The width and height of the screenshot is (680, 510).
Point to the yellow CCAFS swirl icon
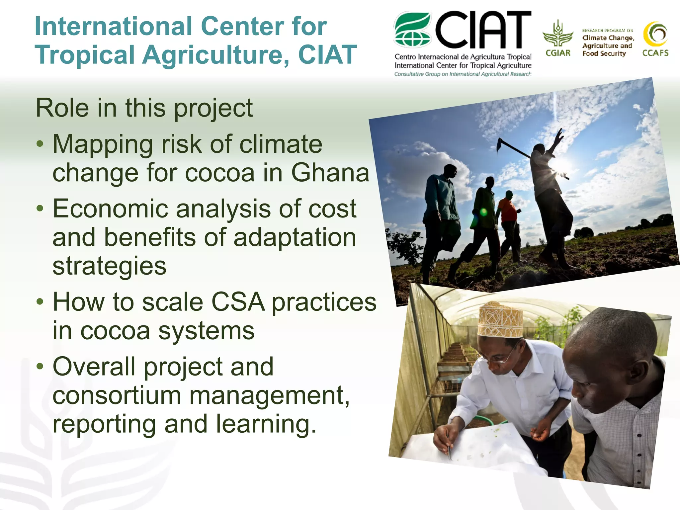point(655,34)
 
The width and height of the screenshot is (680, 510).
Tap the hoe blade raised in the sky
point(499,145)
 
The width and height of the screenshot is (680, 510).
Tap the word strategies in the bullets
point(109,266)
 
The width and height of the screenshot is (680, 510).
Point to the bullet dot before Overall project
point(40,367)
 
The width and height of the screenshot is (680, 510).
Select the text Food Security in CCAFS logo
point(604,53)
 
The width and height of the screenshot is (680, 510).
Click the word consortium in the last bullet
point(117,395)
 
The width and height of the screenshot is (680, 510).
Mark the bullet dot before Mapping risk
point(40,144)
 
